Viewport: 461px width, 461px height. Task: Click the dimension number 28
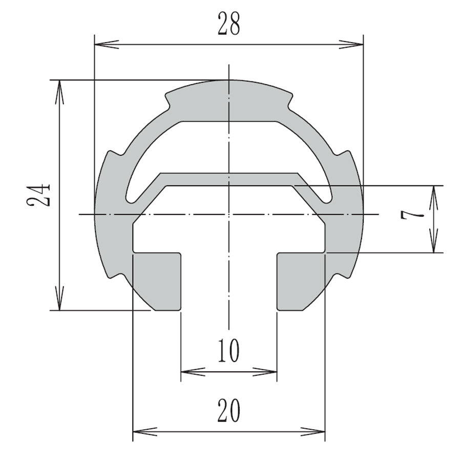[228, 24]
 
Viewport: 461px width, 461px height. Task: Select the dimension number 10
[228, 351]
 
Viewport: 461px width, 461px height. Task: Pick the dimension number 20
[228, 410]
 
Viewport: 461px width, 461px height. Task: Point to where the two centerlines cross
[228, 214]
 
